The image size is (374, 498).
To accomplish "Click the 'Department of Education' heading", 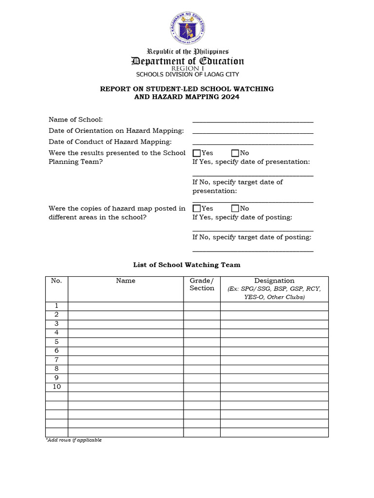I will point(187,61).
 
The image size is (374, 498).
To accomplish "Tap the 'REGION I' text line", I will point(187,69).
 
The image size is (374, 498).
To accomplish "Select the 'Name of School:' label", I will point(75,120).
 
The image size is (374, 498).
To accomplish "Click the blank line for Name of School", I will point(253,121).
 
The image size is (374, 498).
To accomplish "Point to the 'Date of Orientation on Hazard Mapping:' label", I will point(116,131).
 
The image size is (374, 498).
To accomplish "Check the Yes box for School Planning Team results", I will point(197,154).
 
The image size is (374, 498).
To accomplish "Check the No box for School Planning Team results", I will point(235,154).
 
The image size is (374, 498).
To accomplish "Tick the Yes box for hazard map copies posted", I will point(197,209).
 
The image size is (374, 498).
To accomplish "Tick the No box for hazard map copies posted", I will point(235,209).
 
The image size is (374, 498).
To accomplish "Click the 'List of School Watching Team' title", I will point(187,265).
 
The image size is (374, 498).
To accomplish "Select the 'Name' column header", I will point(126,281).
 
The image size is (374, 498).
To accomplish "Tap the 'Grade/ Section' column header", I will point(202,285).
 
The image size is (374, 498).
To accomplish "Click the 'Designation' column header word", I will point(274,281).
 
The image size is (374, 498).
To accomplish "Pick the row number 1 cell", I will point(56,306).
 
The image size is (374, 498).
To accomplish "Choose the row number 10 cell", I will point(56,387).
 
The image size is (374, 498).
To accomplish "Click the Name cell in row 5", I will point(126,342).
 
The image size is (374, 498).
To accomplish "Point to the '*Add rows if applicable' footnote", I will point(73,440).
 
